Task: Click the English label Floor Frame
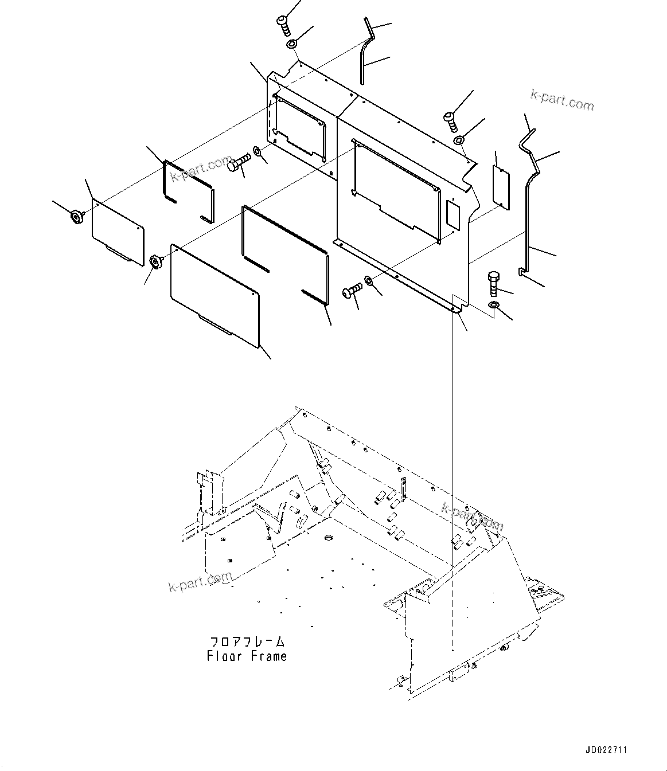[247, 656]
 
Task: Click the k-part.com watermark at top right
[562, 102]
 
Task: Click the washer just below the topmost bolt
[292, 44]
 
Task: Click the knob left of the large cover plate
[155, 262]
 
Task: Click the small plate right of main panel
[502, 186]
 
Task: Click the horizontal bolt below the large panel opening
[352, 289]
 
